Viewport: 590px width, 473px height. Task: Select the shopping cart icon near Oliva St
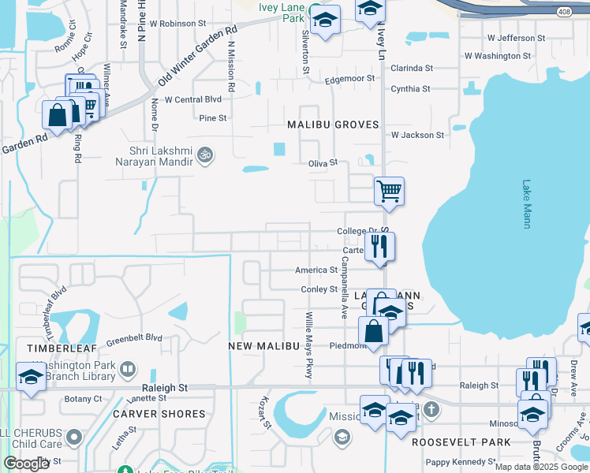[x=389, y=190]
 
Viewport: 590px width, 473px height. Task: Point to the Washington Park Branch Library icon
[x=127, y=369]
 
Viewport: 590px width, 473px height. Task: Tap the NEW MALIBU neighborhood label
[x=263, y=346]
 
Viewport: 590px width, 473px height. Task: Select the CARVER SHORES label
[x=159, y=414]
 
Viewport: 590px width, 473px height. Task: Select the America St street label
[x=316, y=270]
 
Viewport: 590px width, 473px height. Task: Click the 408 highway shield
[x=563, y=13]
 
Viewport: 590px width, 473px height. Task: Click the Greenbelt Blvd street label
[x=135, y=337]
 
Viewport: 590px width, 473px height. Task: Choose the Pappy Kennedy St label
[x=460, y=461]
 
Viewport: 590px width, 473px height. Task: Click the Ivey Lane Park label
[x=282, y=12]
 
